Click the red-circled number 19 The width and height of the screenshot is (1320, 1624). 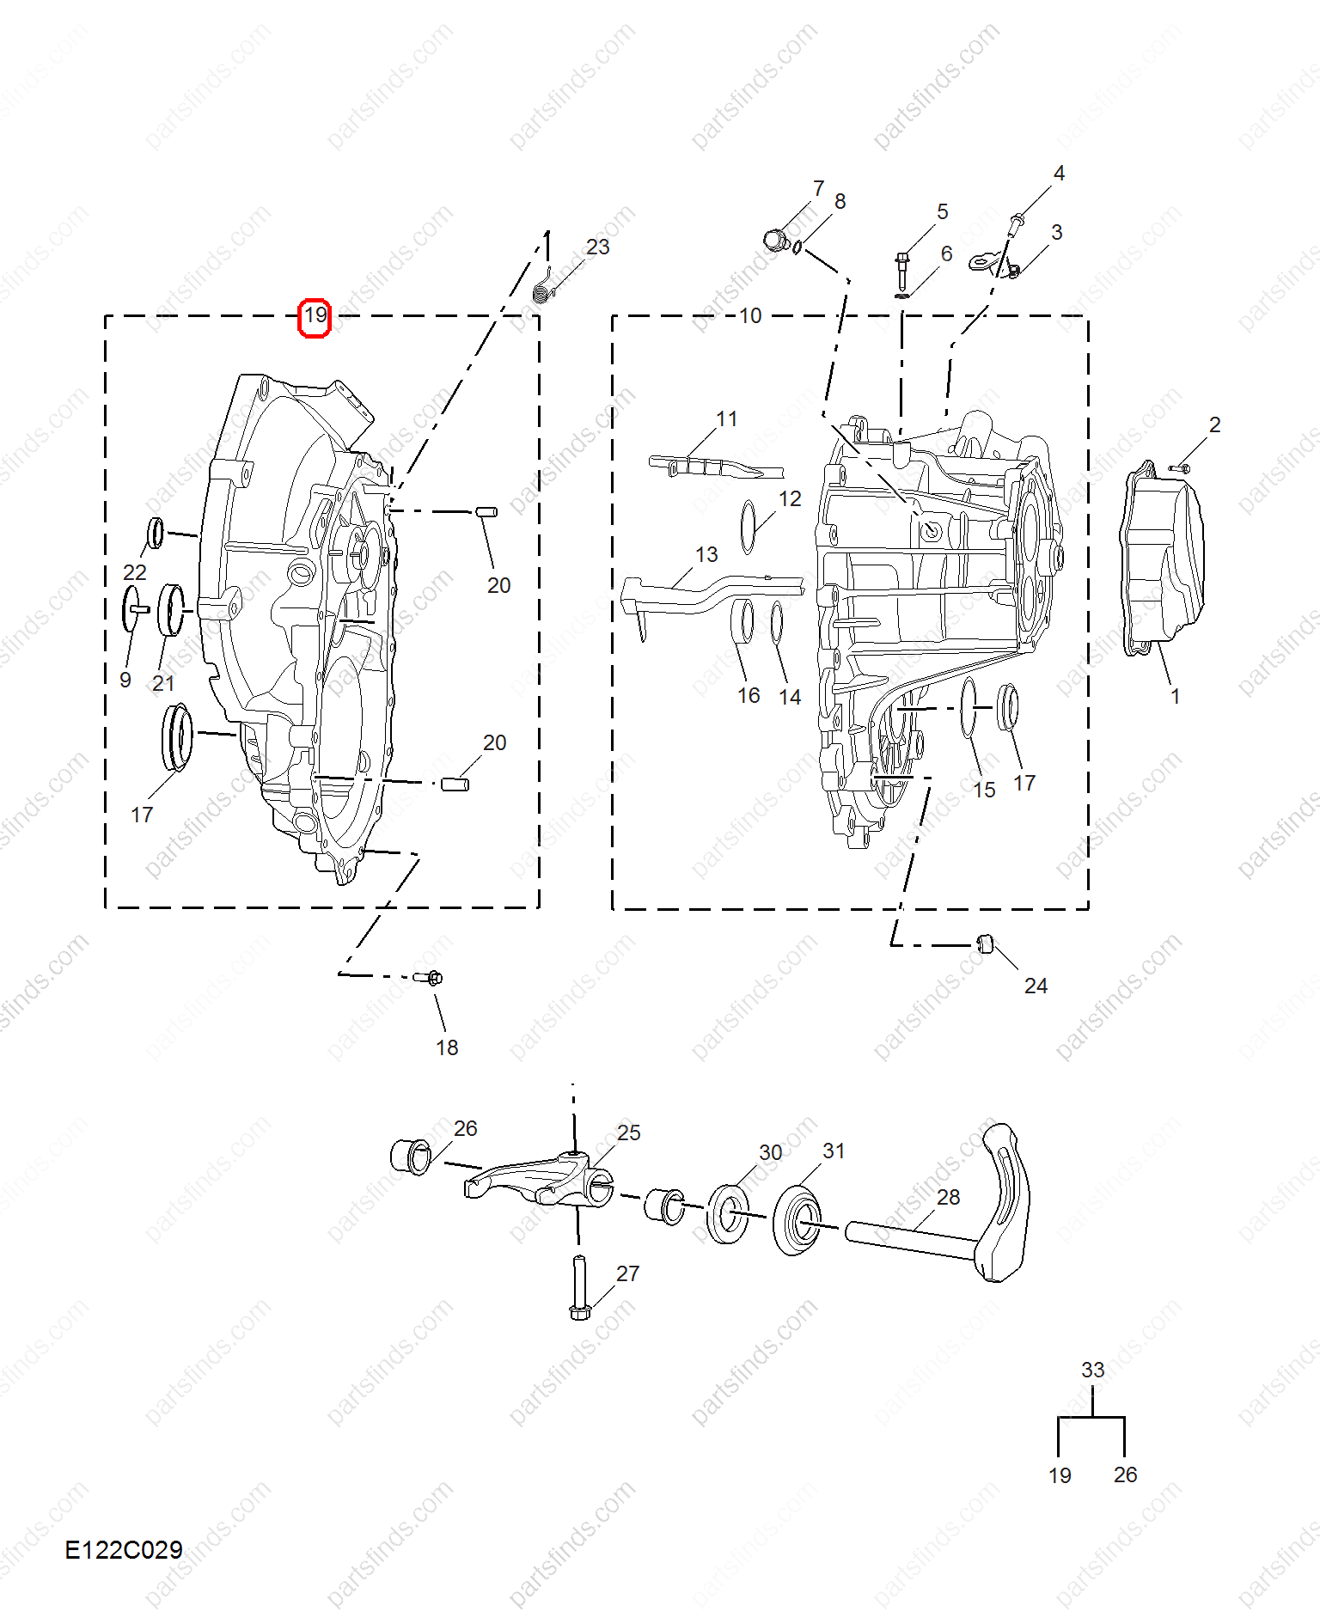315,316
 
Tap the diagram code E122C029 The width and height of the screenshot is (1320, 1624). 124,1549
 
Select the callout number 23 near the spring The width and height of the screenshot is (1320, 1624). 597,247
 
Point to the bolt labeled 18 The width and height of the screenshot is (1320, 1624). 428,977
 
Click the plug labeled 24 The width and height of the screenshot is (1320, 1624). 986,943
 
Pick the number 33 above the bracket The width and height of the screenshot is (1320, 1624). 1092,1370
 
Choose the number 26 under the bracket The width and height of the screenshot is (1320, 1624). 1125,1474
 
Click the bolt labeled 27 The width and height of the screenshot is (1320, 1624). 578,1288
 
